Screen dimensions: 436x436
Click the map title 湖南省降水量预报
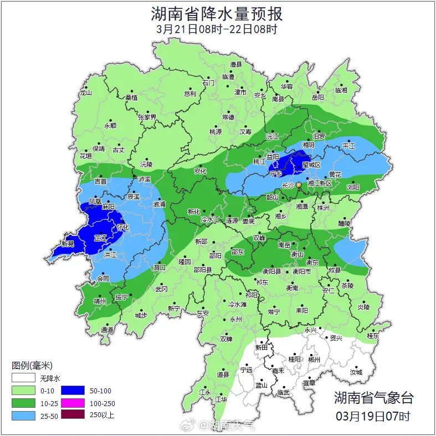(217, 13)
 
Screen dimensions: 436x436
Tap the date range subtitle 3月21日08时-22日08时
(217, 29)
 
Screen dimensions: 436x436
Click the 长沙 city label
(288, 186)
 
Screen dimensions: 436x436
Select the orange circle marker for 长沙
(299, 184)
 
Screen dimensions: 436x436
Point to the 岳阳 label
(317, 97)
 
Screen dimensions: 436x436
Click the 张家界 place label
(147, 117)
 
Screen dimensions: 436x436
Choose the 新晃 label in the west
(68, 244)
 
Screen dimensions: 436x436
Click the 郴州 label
(314, 359)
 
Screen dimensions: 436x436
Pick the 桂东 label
(373, 336)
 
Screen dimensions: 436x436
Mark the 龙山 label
(85, 93)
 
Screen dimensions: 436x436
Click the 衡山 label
(297, 254)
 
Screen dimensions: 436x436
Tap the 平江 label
(348, 146)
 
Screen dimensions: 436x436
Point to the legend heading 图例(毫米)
(32, 366)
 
